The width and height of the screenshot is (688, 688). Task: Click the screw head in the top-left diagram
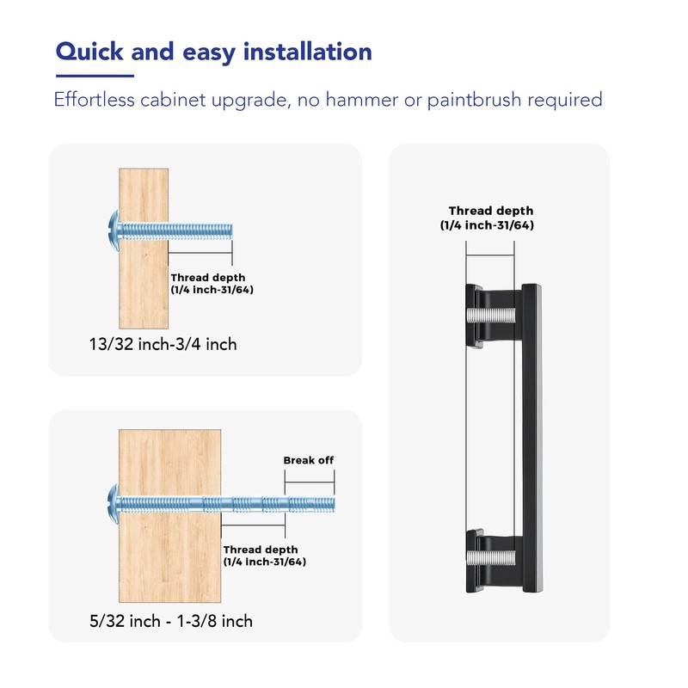(x=110, y=230)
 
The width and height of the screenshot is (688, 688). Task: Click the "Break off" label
(x=308, y=460)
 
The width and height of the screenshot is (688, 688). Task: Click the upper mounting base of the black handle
(x=475, y=316)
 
